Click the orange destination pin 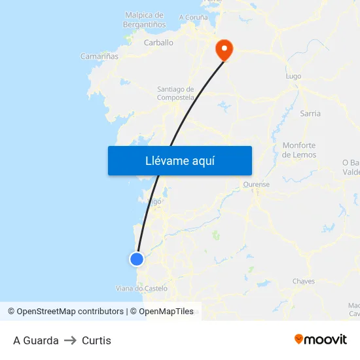(224, 48)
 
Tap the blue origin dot (136, 259)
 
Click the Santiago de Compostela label (175, 93)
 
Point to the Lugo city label (293, 77)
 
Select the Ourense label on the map (256, 185)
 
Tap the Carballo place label (158, 43)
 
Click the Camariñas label (99, 57)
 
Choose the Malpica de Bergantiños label (143, 20)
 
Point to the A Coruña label (194, 17)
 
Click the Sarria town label (310, 113)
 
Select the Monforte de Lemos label (299, 150)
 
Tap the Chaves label (304, 281)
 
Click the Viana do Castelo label (141, 288)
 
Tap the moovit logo (320, 339)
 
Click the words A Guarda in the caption (36, 340)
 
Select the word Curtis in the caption (96, 340)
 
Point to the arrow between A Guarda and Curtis (70, 340)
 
